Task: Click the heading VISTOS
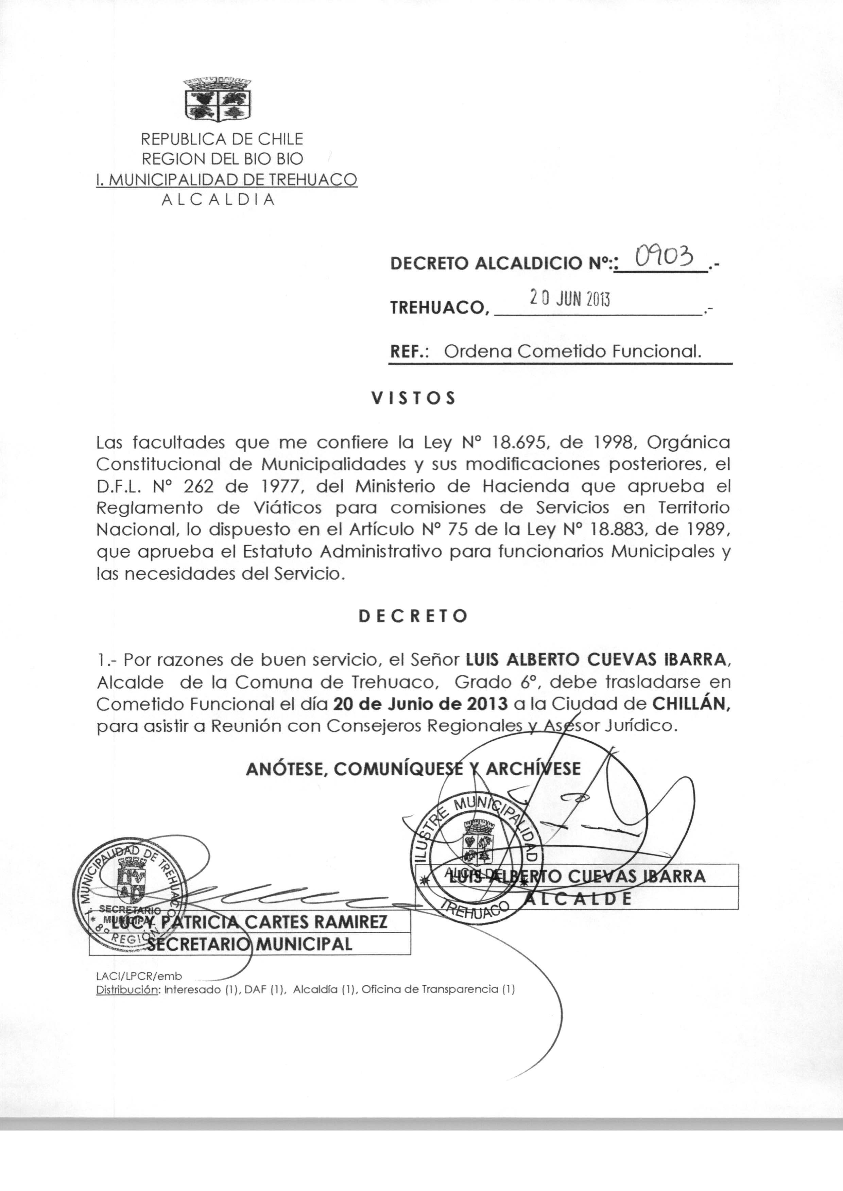(x=414, y=398)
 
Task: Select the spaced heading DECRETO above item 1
(x=413, y=616)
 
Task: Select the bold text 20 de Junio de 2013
(x=420, y=704)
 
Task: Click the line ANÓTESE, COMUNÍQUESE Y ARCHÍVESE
(x=413, y=768)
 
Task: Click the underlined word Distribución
(x=127, y=990)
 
